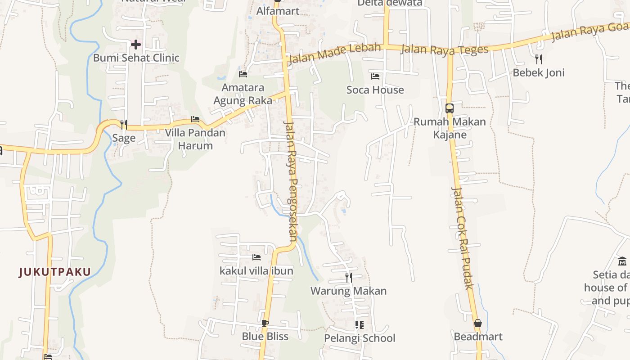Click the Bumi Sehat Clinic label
pos(136,58)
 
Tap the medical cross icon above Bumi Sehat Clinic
pos(135,44)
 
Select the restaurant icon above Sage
pos(124,124)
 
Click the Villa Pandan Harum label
pos(195,139)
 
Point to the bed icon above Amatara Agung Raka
pos(243,74)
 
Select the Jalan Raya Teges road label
pos(444,49)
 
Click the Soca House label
pos(375,90)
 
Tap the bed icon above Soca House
pos(375,76)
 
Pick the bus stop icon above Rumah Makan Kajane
pos(449,108)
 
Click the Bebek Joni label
pos(538,73)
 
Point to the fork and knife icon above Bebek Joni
pos(538,59)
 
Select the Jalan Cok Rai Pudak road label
pos(463,238)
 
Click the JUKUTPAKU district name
pos(55,272)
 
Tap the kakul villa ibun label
pos(256,271)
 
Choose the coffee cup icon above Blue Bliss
pos(265,323)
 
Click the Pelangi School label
pos(360,338)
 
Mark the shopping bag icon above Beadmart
pos(477,323)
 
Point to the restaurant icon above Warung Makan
pos(348,277)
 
